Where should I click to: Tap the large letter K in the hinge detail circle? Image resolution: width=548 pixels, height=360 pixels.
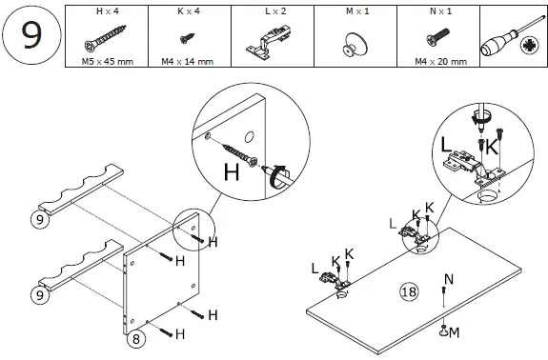click(x=492, y=148)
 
